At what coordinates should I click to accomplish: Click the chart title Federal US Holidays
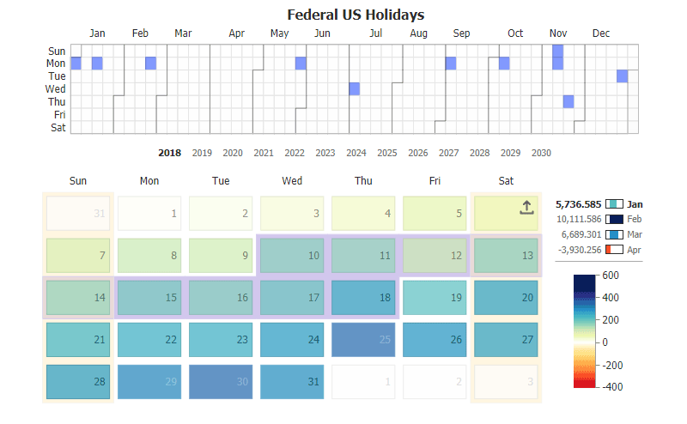(355, 15)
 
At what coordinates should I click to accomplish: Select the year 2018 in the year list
(169, 153)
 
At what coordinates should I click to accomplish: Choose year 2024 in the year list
(356, 153)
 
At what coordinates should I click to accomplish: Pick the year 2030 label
(541, 153)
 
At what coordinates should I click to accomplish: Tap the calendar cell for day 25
(363, 339)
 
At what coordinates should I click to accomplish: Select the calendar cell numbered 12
(435, 255)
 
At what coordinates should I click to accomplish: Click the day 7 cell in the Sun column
(78, 255)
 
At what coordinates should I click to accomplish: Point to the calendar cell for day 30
(221, 382)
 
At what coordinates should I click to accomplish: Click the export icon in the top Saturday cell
(526, 207)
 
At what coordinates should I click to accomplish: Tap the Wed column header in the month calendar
(291, 181)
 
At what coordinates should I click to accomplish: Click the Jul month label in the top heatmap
(376, 33)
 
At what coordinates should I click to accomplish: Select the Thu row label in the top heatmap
(57, 101)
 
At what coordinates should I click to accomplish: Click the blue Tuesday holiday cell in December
(622, 76)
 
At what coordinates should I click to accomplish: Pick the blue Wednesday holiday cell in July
(354, 88)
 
